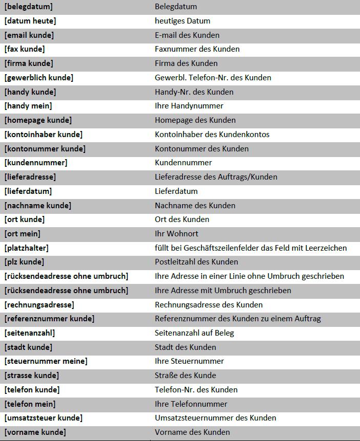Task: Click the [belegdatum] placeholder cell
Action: (29, 7)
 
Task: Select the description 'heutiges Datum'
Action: (182, 21)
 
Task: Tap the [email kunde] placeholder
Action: (29, 35)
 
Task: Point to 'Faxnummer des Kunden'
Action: (197, 49)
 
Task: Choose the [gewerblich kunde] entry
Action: (39, 78)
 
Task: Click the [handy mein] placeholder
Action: (28, 106)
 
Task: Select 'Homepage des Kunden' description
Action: (195, 120)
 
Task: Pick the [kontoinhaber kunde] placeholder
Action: (44, 135)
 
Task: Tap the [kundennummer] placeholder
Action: (36, 163)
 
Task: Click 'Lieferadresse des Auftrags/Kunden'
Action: (216, 177)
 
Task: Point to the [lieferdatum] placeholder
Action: (28, 191)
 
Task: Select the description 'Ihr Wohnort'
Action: (176, 234)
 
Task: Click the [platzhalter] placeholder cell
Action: (27, 248)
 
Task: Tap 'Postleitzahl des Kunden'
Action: (196, 262)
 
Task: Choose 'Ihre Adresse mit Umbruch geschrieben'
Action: (223, 291)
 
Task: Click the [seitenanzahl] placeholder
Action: (30, 333)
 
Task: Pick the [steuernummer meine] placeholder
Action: (46, 361)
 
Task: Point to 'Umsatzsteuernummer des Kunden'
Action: (215, 418)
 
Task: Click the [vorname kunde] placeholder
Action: (35, 432)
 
